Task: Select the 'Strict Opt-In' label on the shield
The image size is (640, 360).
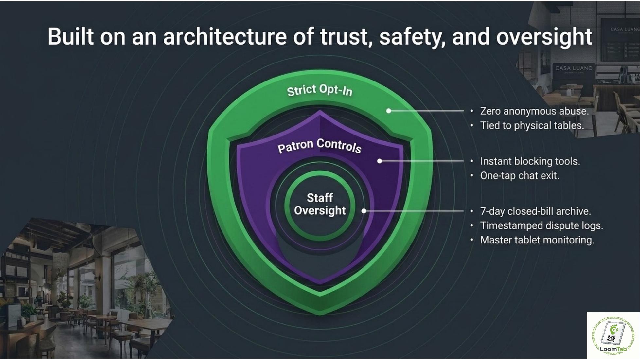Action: (x=320, y=90)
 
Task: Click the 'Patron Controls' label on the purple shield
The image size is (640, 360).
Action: (x=319, y=146)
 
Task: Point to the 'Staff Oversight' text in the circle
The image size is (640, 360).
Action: (x=320, y=204)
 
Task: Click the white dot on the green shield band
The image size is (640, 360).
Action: (x=389, y=111)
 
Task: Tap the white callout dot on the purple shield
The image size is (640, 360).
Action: (x=380, y=161)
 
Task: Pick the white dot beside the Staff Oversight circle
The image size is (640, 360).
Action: (x=364, y=211)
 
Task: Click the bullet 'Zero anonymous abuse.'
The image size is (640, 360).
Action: (x=534, y=111)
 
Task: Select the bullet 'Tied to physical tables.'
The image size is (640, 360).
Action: (x=532, y=126)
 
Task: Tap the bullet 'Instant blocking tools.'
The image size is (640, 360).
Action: (x=530, y=161)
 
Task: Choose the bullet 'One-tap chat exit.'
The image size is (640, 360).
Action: (x=520, y=176)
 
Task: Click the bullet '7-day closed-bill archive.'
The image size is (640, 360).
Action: (x=536, y=211)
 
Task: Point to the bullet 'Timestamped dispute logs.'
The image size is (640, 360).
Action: (x=542, y=226)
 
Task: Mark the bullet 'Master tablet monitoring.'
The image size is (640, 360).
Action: (x=537, y=240)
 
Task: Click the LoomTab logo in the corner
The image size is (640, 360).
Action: (x=613, y=336)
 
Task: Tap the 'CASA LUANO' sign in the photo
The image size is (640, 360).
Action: (x=574, y=68)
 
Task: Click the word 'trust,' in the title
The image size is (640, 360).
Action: (x=347, y=37)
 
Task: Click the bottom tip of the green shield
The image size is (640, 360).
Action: (x=320, y=315)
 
